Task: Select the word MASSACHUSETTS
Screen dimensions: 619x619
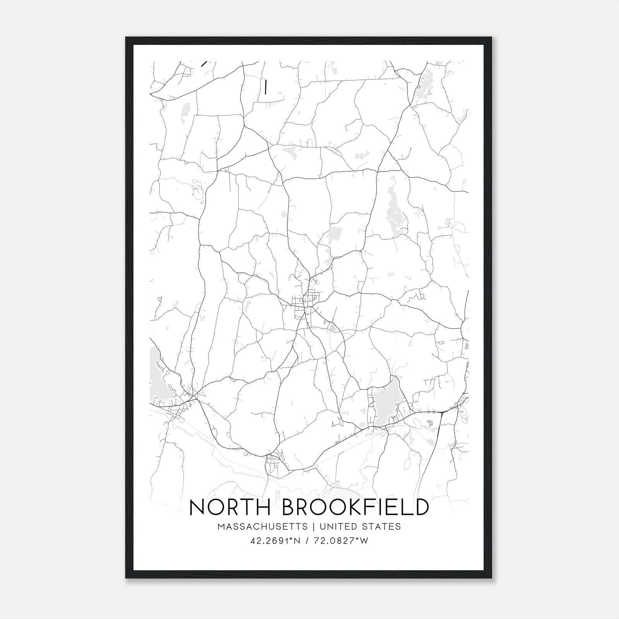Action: pos(263,527)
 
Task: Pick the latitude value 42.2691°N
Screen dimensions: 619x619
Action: pos(275,541)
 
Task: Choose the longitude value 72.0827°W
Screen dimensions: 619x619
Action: pos(341,541)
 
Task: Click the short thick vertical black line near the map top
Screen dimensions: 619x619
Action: pos(265,87)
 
